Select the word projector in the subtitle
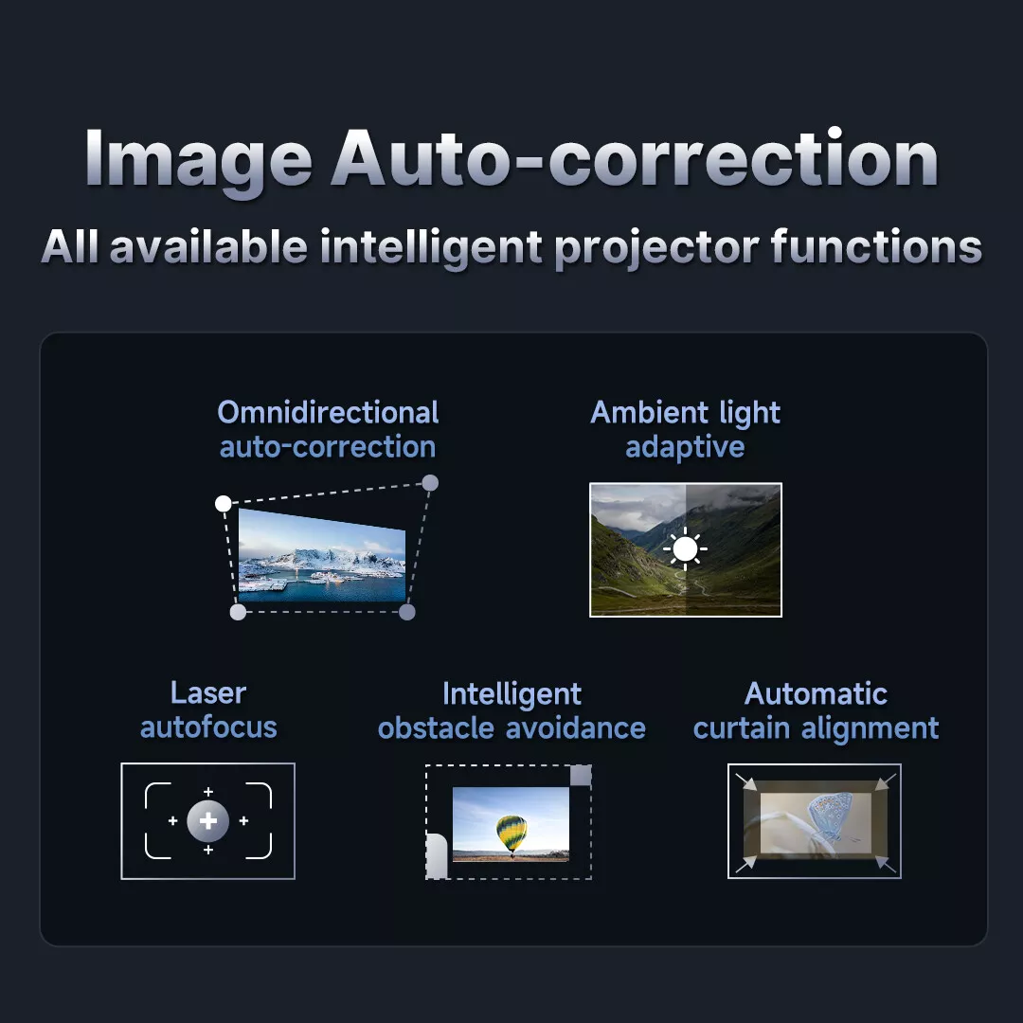pos(656,247)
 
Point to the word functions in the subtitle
pos(876,247)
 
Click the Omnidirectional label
pos(328,413)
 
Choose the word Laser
pos(208,692)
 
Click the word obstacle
pos(436,727)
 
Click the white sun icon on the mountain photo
pos(685,549)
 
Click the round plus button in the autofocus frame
pos(208,821)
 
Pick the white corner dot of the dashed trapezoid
pos(224,503)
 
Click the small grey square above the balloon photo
pos(581,776)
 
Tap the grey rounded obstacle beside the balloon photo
pos(437,856)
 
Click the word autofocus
pos(208,727)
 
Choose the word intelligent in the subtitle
pos(431,247)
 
